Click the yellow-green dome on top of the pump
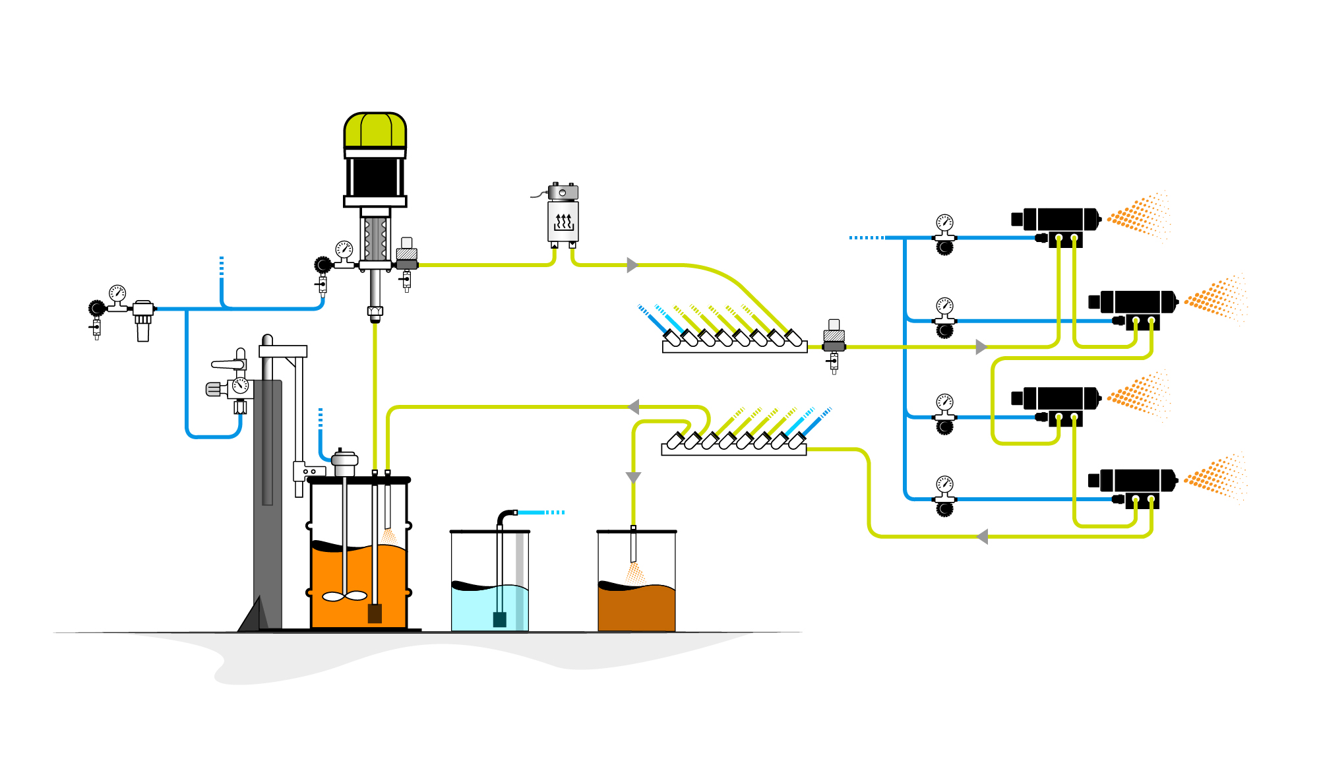375,130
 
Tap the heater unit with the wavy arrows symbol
563,220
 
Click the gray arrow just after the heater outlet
632,265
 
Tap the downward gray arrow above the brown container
633,477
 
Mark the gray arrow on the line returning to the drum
634,407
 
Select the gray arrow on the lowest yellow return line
982,537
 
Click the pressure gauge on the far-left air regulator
117,293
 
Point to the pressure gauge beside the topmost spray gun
944,222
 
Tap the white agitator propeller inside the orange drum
344,596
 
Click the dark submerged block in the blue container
500,619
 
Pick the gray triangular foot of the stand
254,615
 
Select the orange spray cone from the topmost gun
1140,214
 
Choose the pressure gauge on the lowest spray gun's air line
944,484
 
